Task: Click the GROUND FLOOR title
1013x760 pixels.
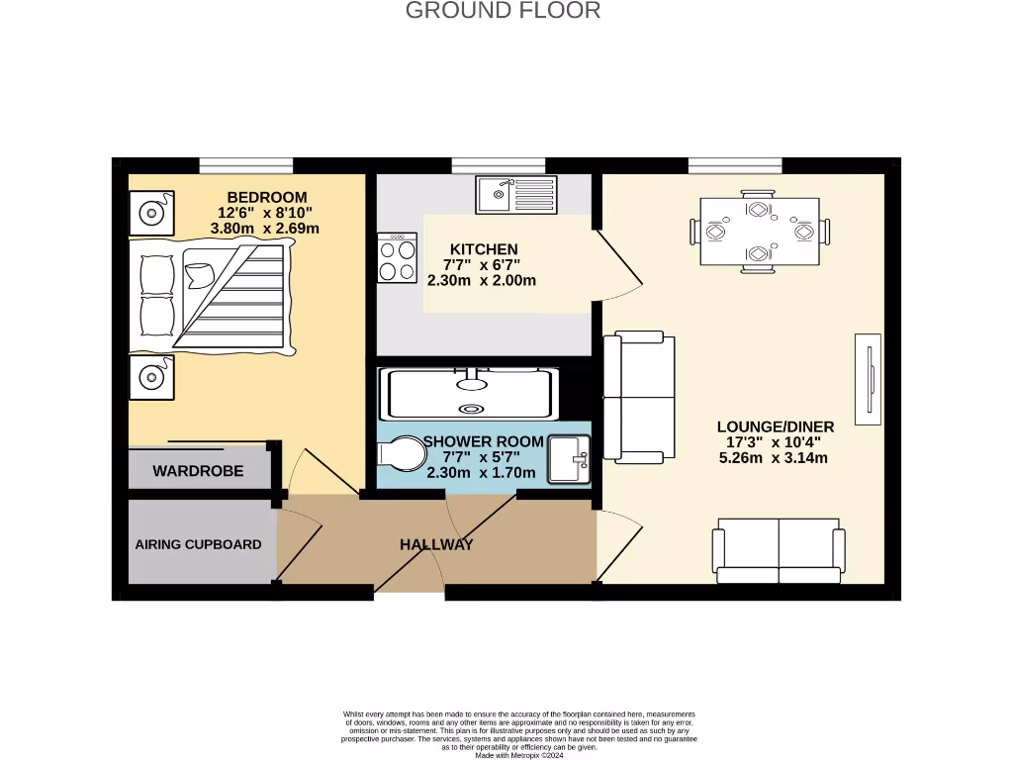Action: click(504, 11)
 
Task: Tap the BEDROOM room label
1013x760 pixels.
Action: click(266, 197)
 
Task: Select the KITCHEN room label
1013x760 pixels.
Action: click(484, 248)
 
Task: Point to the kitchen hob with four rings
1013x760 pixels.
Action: click(396, 258)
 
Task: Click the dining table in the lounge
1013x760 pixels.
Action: click(759, 232)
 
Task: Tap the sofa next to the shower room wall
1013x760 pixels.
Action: click(639, 397)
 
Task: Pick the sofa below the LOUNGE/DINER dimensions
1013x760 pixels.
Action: click(778, 551)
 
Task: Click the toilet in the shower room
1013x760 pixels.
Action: click(401, 454)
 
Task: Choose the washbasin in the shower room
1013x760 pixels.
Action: click(569, 459)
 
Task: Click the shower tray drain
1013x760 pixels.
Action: click(470, 408)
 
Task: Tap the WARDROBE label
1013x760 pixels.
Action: click(198, 471)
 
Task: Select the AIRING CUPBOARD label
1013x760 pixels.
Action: click(198, 544)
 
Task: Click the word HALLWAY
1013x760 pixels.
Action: click(436, 544)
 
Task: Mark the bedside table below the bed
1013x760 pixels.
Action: click(151, 376)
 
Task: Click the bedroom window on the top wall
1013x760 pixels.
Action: click(245, 165)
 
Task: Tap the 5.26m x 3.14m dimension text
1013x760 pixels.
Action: click(773, 457)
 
